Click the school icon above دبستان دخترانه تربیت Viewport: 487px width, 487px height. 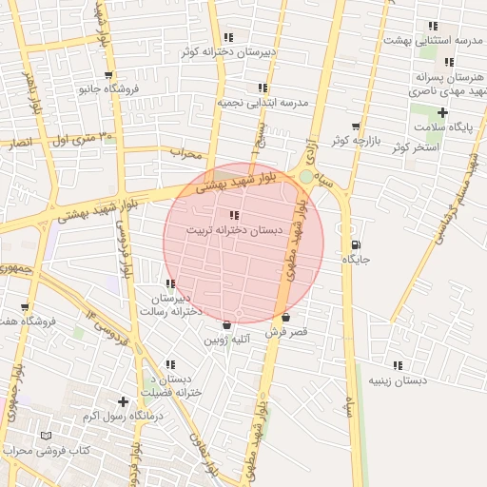click(234, 216)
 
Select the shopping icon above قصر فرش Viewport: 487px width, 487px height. click(284, 317)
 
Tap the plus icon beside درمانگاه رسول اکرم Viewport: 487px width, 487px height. click(122, 401)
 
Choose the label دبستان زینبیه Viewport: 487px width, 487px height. click(398, 380)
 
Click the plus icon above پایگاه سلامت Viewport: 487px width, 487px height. click(442, 113)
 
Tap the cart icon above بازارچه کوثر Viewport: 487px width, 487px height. click(356, 126)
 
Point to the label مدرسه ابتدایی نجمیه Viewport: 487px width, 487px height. click(263, 102)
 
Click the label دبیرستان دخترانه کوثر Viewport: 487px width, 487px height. click(229, 52)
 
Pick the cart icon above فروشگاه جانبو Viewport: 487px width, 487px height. click(108, 74)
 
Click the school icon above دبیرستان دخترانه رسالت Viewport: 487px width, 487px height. click(170, 283)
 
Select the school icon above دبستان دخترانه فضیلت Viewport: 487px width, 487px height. click(169, 363)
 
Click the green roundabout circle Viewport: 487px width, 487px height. click(304, 177)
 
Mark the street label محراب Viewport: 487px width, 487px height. click(186, 152)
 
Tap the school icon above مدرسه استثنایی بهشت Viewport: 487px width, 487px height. click(433, 26)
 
